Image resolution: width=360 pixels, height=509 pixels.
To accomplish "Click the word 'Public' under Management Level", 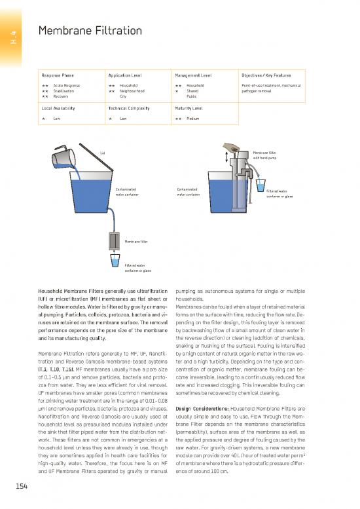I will [x=192, y=96].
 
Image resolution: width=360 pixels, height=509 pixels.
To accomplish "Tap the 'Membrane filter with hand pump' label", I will [x=264, y=154].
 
